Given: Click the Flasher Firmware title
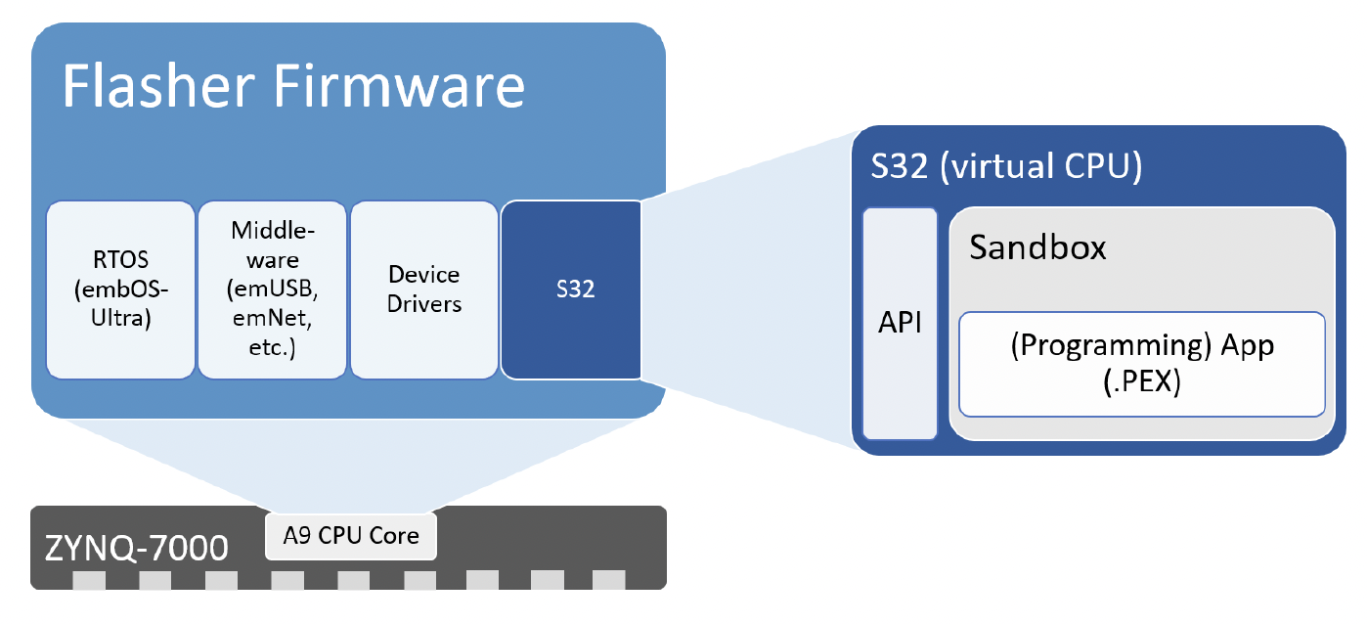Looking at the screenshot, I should click(293, 86).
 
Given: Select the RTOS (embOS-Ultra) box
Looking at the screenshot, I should click(120, 290).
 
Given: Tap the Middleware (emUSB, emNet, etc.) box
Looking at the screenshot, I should click(273, 290).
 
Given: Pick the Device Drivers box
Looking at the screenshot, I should click(424, 290).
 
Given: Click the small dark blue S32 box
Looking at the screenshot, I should click(572, 290).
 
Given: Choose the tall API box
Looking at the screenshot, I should click(901, 323).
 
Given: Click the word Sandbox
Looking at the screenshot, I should click(1037, 247).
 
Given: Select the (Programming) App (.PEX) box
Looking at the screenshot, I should click(1142, 364).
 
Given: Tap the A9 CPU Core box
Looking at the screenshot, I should click(351, 536).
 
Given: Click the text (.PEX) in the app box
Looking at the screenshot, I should click(1142, 383).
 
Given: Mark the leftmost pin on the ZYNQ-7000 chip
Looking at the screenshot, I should click(87, 580).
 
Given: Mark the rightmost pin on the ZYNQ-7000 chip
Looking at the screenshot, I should click(608, 580).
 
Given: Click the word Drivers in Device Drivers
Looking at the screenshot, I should click(424, 304).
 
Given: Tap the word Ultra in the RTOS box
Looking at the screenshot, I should click(120, 318).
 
